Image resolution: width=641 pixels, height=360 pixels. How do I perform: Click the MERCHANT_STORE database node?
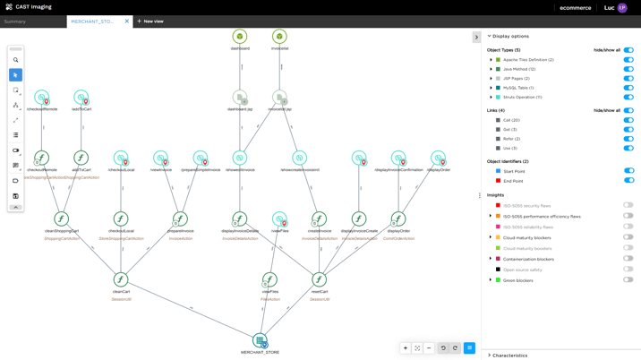tap(260, 340)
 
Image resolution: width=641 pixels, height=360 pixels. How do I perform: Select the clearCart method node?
tap(121, 280)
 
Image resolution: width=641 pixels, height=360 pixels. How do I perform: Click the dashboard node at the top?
tap(240, 37)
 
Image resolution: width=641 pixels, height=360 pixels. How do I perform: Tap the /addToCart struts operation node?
tap(81, 97)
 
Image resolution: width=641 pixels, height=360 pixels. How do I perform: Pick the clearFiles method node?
tap(270, 280)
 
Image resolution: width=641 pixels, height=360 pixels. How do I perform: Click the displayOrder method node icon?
tap(398, 219)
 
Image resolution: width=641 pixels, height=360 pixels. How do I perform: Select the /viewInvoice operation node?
tap(160, 158)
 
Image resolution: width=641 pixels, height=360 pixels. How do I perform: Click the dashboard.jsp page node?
tap(240, 97)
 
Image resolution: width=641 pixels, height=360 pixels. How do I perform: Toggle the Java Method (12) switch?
tap(628, 69)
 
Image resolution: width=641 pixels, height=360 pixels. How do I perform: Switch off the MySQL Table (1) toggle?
tap(628, 88)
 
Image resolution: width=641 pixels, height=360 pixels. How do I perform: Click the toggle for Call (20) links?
tap(628, 120)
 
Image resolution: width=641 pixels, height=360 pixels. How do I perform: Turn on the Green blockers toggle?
tap(628, 280)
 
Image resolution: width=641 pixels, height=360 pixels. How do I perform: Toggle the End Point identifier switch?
tap(628, 181)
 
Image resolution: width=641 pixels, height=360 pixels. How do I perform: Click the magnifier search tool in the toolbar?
tap(15, 60)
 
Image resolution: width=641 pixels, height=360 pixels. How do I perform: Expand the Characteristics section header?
tap(510, 356)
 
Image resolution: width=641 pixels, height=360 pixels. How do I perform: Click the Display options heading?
tap(510, 37)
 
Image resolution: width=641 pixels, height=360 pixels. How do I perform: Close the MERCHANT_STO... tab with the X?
tap(127, 21)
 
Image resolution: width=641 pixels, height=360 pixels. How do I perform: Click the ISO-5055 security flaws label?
tap(527, 206)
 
